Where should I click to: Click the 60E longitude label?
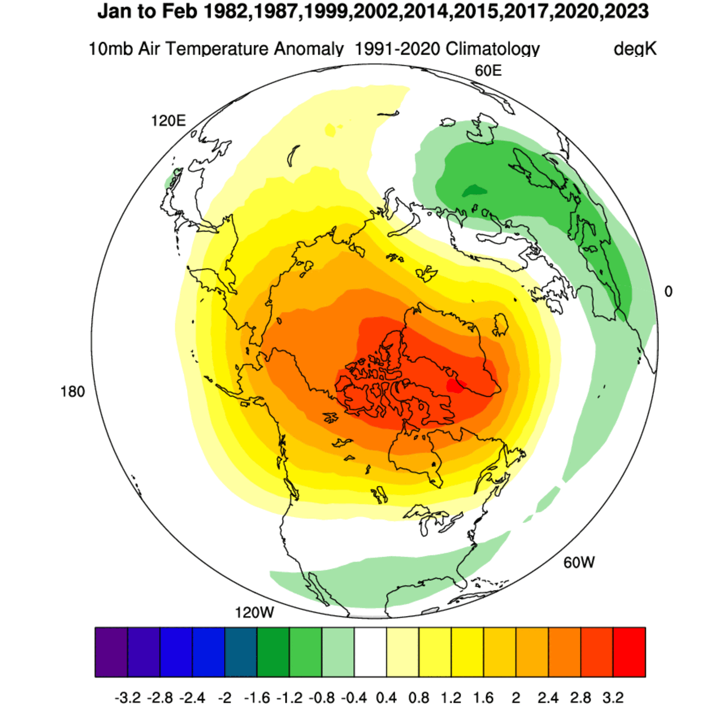[x=488, y=71]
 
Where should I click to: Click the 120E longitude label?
[x=169, y=121]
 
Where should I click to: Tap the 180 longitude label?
[x=73, y=392]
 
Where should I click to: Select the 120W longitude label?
[x=254, y=612]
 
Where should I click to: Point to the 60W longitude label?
[x=579, y=563]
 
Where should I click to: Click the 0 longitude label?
[x=668, y=292]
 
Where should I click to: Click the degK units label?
[x=635, y=49]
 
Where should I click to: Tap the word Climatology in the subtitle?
[x=492, y=49]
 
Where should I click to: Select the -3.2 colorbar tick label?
[x=127, y=698]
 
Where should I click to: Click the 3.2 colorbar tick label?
[x=613, y=698]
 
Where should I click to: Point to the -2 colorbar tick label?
[x=224, y=698]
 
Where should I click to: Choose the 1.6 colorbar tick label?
[x=484, y=698]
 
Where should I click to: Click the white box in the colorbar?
[x=370, y=652]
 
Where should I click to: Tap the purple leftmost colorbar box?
[x=111, y=652]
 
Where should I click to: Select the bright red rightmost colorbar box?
[x=629, y=652]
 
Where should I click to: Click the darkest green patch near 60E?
[x=474, y=190]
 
